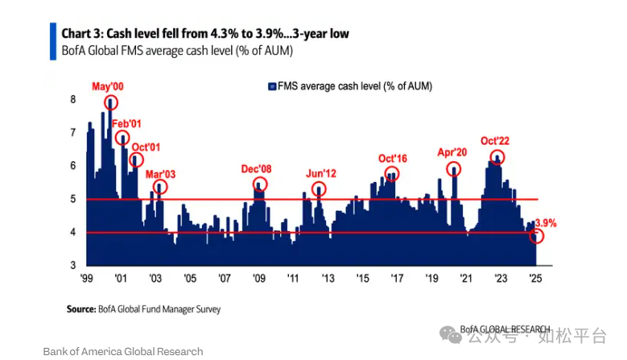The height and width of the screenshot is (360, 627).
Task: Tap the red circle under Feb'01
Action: pos(122,137)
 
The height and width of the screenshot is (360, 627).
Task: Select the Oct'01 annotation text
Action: pos(145,147)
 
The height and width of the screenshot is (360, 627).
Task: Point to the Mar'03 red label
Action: pos(160,173)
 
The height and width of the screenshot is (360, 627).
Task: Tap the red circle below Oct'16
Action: pos(392,174)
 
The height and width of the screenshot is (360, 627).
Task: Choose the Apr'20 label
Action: pos(452,151)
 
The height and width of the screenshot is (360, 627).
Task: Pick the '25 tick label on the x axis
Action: pos(534,279)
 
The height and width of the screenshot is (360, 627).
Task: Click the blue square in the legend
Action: pos(271,86)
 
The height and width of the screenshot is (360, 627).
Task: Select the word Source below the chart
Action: pos(82,309)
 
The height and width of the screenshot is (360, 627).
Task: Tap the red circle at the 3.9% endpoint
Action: pos(537,237)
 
